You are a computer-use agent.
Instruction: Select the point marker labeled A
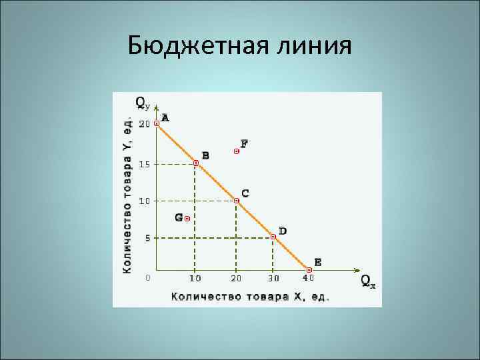(157, 123)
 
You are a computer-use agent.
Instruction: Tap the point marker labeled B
(195, 163)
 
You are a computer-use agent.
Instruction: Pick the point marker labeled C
(236, 200)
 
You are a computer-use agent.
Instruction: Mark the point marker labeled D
(273, 236)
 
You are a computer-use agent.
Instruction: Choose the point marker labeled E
(309, 269)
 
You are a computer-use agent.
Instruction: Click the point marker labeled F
(236, 151)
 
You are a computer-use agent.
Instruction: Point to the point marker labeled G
(187, 218)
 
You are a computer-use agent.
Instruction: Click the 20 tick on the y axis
(144, 124)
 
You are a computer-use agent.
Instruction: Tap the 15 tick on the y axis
(144, 164)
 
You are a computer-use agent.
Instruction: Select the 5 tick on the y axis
(147, 238)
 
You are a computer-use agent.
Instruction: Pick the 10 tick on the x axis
(195, 278)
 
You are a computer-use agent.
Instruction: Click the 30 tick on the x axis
(273, 278)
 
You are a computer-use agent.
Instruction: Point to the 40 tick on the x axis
(308, 278)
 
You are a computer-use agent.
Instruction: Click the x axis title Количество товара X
(250, 296)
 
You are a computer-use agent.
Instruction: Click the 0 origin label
(148, 277)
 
